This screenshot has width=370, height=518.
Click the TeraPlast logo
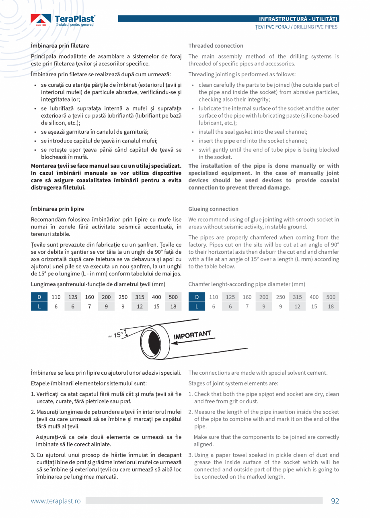click(63, 20)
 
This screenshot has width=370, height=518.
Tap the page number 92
click(335, 501)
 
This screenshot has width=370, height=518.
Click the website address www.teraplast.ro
click(56, 501)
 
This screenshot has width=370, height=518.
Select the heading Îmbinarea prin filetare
click(60, 46)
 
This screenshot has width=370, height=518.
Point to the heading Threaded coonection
click(216, 46)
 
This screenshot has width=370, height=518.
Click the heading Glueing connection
click(213, 209)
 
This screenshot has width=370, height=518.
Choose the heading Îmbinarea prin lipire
click(58, 209)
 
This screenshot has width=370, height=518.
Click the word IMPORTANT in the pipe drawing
click(192, 335)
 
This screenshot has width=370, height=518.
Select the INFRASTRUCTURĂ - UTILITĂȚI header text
click(298, 19)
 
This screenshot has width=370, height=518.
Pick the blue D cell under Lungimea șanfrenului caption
click(39, 297)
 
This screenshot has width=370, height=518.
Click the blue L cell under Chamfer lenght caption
click(197, 306)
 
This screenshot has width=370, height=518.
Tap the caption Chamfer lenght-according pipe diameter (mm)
click(247, 284)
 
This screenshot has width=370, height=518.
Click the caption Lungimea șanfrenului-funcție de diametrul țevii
click(98, 284)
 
